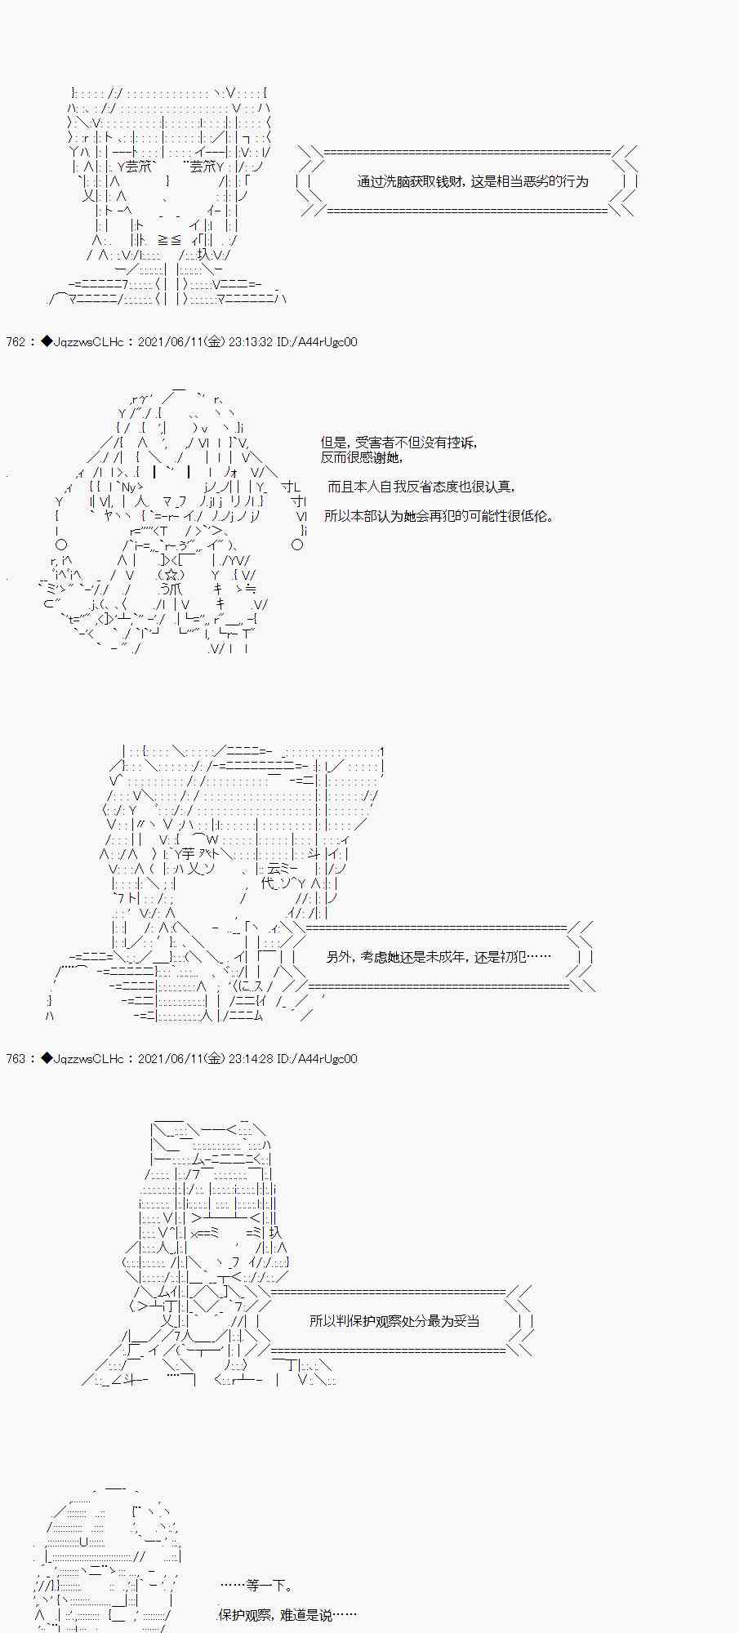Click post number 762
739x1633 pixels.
16,342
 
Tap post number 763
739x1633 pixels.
16,1059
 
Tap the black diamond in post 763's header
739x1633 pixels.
46,1059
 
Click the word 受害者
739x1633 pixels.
370,443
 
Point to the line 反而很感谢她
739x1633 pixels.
361,458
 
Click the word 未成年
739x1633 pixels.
448,956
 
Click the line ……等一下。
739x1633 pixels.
257,1586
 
